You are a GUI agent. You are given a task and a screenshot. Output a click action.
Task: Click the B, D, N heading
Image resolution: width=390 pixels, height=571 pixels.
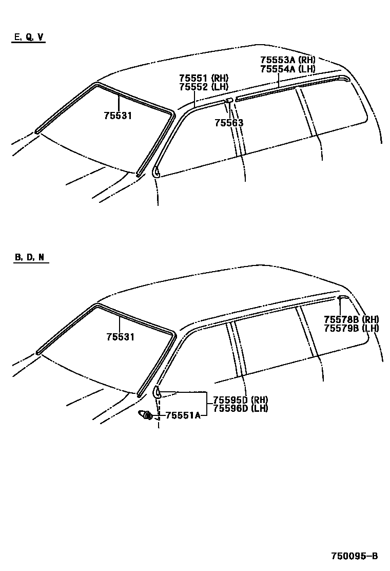(x=29, y=257)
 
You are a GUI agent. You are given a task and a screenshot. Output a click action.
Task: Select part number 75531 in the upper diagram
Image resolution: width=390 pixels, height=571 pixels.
(x=118, y=116)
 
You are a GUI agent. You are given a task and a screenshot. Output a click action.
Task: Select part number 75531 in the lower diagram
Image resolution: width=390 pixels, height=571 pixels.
(x=120, y=337)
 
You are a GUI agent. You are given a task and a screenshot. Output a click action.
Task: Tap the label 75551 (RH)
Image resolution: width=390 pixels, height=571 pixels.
(x=203, y=78)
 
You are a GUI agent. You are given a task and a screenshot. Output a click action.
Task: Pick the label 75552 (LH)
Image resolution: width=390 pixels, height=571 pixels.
(x=203, y=87)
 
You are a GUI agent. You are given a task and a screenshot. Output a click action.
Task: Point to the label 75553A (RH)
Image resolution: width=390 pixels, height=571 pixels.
(x=287, y=60)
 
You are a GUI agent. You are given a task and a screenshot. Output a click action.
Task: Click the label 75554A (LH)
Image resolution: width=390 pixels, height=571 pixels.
(x=287, y=68)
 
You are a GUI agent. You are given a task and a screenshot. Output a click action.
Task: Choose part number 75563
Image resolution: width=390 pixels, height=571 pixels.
(x=229, y=123)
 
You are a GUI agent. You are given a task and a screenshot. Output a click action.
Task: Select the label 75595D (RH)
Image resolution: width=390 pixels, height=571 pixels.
(x=241, y=400)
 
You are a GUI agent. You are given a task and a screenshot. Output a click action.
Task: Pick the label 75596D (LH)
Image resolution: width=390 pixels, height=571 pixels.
(x=241, y=409)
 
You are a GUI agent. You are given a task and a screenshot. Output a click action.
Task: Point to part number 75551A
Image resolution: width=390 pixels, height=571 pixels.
(x=183, y=415)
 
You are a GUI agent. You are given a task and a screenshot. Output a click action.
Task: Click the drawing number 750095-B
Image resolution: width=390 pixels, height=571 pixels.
(x=354, y=556)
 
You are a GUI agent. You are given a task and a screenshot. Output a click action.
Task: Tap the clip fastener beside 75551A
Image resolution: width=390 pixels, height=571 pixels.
(x=145, y=415)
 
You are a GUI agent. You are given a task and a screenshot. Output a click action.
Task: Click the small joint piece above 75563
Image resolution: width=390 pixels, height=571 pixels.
(x=230, y=100)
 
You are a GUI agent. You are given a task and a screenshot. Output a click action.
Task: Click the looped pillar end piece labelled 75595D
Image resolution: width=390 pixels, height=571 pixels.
(x=158, y=393)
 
